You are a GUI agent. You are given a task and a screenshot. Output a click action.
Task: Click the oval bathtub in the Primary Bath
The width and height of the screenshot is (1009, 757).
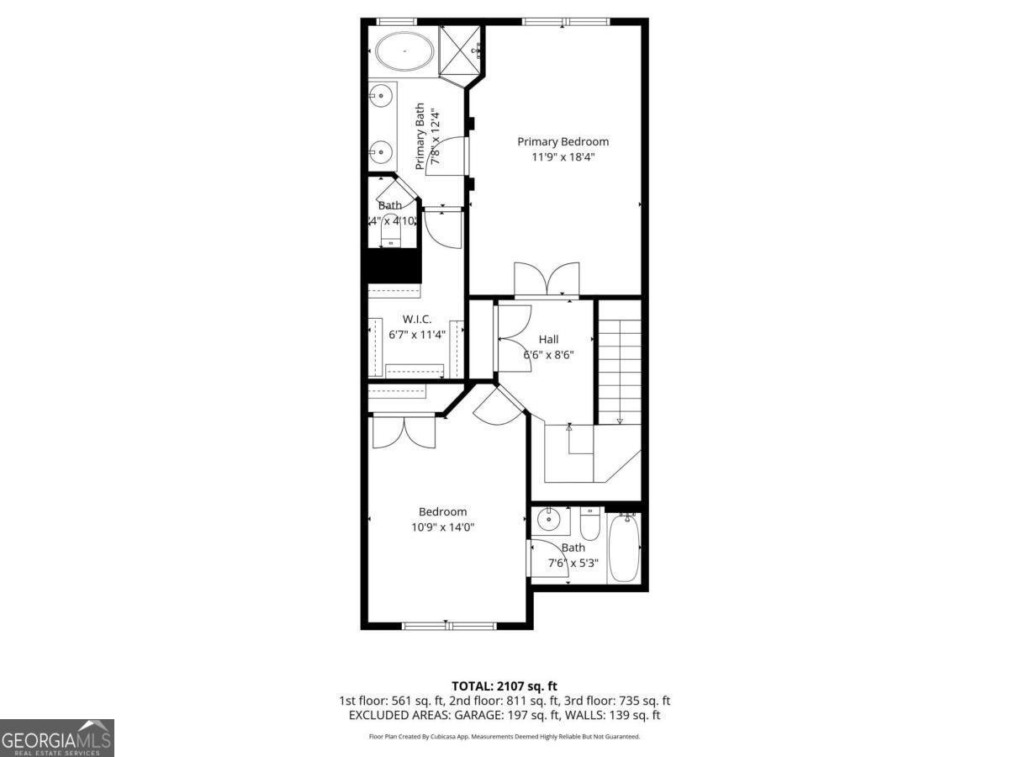(x=404, y=52)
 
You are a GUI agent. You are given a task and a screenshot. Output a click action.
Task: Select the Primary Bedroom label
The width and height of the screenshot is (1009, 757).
(x=563, y=141)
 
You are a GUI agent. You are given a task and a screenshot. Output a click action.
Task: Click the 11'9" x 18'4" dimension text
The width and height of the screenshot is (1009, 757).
(x=563, y=156)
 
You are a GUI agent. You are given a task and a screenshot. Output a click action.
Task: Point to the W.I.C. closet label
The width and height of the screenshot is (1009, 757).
(x=417, y=319)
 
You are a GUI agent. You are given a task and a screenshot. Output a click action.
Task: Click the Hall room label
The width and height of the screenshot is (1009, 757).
(x=548, y=339)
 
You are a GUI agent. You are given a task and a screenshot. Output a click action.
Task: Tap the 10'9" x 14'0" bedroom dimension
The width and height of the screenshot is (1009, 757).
(x=442, y=527)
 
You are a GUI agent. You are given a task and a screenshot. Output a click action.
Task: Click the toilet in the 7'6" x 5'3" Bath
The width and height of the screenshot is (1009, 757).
(x=590, y=525)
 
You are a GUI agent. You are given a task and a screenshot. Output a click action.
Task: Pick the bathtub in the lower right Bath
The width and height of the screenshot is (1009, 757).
(x=625, y=548)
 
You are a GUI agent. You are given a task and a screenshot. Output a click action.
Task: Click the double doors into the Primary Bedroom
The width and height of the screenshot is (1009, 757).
(x=547, y=280)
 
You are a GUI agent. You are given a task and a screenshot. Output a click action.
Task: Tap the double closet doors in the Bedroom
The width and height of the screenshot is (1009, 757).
(x=404, y=431)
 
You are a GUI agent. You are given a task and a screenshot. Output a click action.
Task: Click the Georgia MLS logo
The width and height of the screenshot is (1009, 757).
(x=57, y=738)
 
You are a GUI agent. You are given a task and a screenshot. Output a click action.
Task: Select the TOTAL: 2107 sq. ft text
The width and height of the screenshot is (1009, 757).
(x=504, y=686)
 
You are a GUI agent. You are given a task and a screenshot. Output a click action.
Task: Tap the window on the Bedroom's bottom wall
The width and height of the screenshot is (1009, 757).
(x=448, y=626)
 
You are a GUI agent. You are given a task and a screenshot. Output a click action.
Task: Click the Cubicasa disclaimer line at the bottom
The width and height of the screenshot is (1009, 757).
(x=504, y=737)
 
